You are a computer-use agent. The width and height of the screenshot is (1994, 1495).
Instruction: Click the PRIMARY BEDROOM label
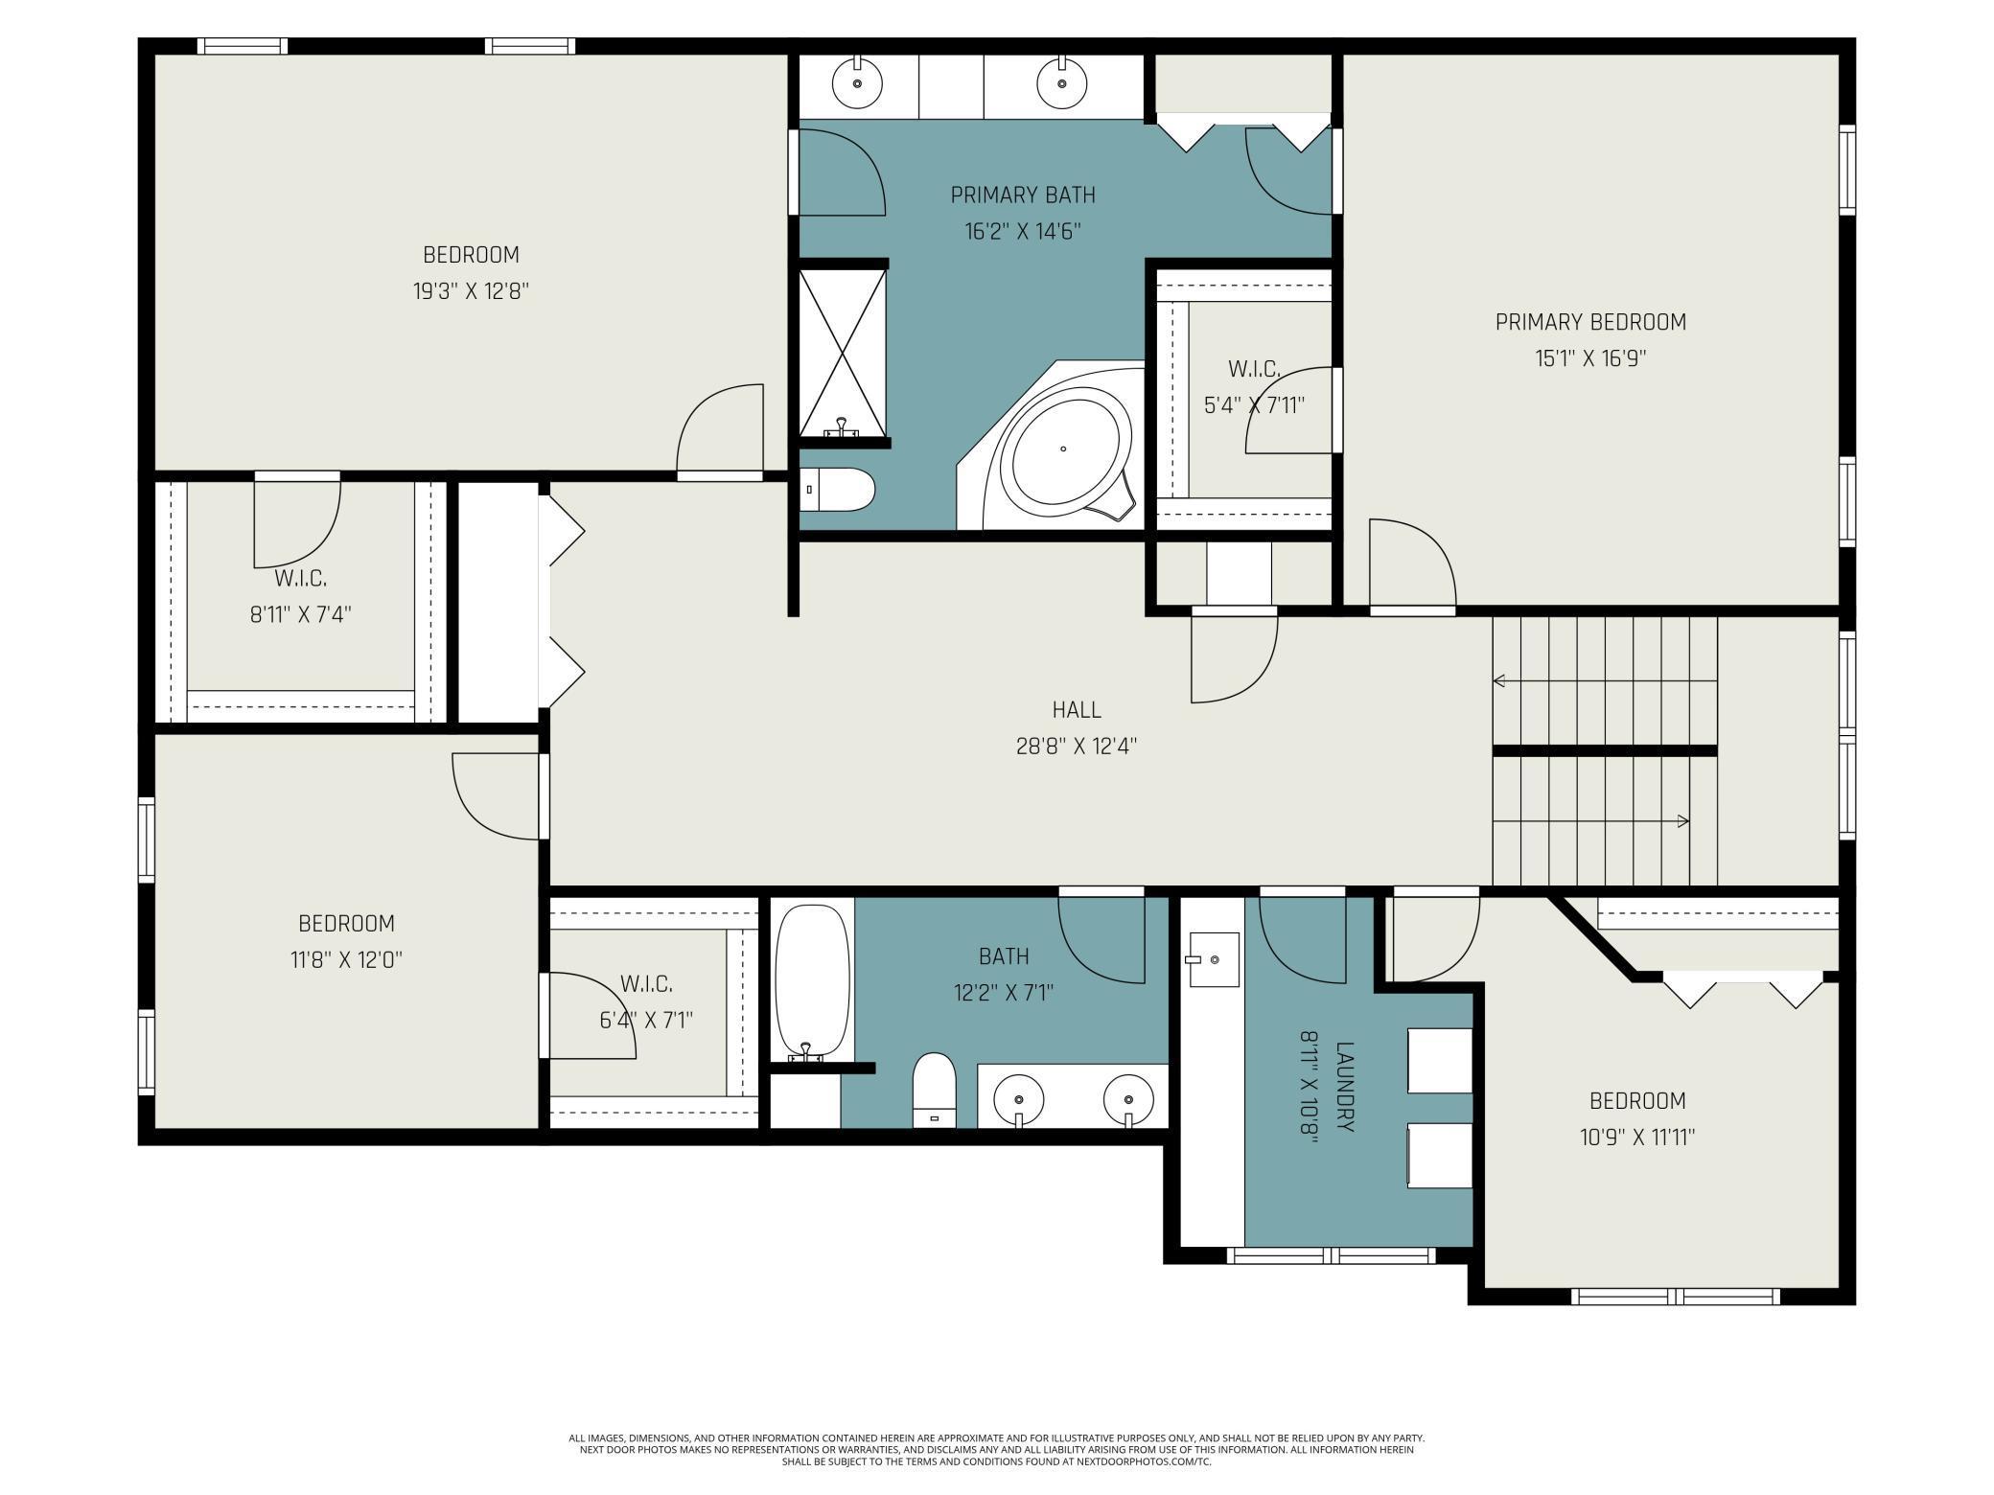[1590, 322]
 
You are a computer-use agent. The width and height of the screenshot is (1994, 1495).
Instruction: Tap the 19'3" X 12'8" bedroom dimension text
[471, 291]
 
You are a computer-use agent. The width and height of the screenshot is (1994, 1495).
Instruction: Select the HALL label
[1077, 710]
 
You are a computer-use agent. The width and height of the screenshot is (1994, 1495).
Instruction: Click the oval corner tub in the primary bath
[1063, 448]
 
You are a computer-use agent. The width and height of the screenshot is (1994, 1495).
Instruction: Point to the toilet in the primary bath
[837, 490]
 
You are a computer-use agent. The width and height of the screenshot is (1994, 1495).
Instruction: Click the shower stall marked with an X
[843, 354]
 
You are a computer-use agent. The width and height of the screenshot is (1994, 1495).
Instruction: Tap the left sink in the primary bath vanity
[857, 83]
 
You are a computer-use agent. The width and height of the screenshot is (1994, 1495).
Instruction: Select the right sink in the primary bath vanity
[1062, 83]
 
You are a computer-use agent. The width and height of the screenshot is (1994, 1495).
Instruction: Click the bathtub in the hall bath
[812, 981]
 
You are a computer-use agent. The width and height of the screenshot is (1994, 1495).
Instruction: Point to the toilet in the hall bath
[935, 1090]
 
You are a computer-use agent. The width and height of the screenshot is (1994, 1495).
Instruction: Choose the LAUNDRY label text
[1345, 1087]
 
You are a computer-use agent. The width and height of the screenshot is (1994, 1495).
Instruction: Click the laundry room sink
[1213, 958]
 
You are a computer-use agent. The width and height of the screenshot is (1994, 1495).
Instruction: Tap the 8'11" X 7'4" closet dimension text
[301, 614]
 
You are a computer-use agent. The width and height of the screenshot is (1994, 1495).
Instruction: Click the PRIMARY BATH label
[1023, 195]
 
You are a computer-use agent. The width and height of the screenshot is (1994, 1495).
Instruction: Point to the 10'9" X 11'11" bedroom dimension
[1637, 1138]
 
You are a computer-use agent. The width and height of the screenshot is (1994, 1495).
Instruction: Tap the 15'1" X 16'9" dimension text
[1590, 358]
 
